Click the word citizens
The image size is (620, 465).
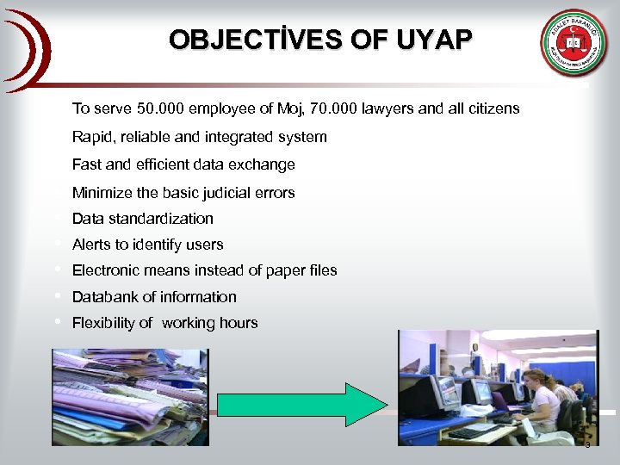(491, 108)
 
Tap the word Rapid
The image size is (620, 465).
(91, 137)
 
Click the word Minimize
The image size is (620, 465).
(103, 193)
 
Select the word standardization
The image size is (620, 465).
(160, 219)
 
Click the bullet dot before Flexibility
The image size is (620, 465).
(57, 322)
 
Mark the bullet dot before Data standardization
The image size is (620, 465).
(57, 218)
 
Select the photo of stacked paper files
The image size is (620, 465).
(129, 396)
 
